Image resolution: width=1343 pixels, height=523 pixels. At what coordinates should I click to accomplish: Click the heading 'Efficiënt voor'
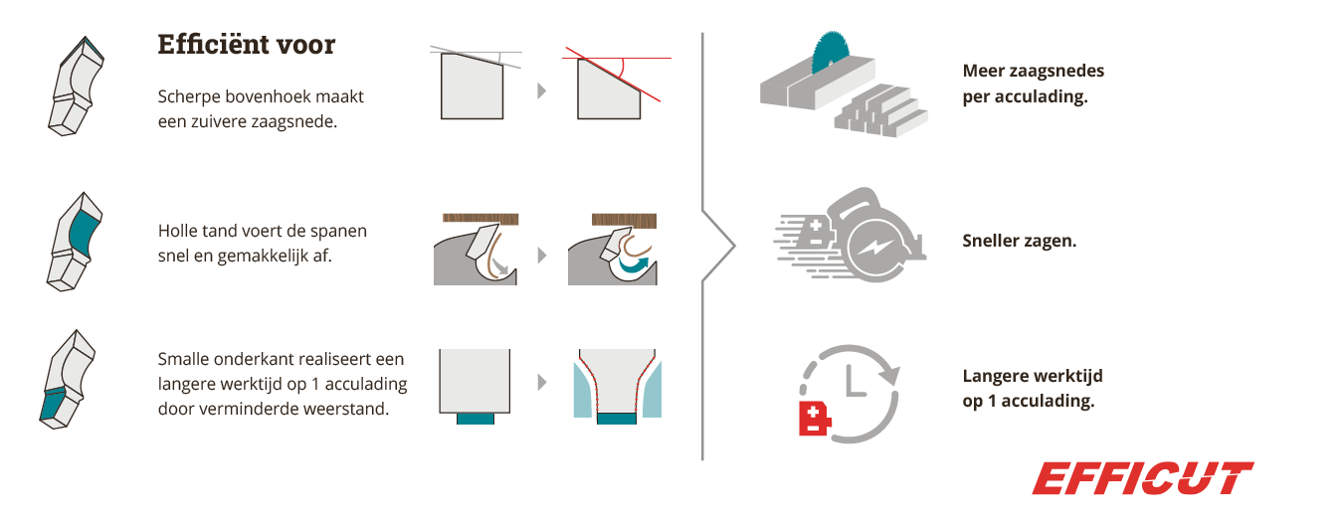(x=247, y=45)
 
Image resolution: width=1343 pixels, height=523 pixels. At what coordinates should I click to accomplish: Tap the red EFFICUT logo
(x=1142, y=478)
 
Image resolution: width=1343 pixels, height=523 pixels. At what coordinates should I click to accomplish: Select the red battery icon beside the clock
(x=815, y=419)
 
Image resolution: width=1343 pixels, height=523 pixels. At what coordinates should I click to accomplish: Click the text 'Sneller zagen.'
(x=1020, y=241)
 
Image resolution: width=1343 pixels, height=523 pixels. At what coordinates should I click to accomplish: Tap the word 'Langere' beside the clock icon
(x=995, y=376)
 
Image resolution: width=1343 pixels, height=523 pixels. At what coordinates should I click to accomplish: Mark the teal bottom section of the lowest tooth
(x=53, y=405)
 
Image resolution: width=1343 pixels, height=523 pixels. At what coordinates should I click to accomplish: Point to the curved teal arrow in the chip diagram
(x=634, y=264)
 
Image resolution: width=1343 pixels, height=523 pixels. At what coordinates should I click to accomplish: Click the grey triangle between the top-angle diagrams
(x=541, y=91)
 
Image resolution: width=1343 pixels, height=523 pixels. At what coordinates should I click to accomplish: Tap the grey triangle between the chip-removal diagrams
(x=542, y=256)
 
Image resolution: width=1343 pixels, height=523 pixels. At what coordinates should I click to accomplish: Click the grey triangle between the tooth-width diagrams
(x=542, y=382)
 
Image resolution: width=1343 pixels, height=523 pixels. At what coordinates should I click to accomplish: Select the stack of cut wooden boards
(x=880, y=112)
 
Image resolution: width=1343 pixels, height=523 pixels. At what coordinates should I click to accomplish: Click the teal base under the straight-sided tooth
(x=476, y=419)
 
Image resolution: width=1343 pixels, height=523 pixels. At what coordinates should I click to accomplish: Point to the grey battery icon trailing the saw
(x=813, y=233)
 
